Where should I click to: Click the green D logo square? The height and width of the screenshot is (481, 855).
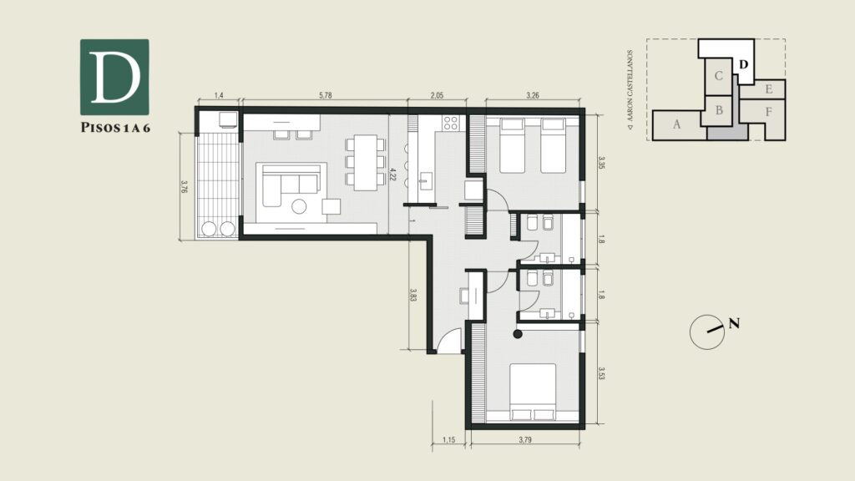pos(114,77)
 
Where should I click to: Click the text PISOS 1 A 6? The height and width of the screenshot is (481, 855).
pos(115,128)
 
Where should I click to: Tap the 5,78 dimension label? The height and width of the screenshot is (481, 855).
pos(325,95)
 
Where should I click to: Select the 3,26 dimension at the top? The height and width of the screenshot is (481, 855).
pos(533,95)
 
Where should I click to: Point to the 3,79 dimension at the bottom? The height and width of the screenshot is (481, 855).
pos(525,439)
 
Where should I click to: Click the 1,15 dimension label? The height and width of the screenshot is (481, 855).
pos(448,439)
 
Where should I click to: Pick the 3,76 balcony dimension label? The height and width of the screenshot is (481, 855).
pos(185,186)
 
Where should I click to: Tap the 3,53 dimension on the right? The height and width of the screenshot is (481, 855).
pos(601,373)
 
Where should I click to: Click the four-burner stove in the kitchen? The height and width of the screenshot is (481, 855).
pos(451,124)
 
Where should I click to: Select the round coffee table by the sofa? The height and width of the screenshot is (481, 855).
pos(299,206)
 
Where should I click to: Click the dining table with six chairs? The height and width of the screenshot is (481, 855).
pos(366,163)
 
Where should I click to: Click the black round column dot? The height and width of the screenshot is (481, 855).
pos(518,334)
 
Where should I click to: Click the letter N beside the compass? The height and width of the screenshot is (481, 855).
pos(735,324)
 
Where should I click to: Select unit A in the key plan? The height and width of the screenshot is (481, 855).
pos(676,125)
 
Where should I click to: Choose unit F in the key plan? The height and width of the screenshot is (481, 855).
pos(768,113)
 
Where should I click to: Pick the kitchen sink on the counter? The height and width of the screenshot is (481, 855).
pos(425,181)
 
